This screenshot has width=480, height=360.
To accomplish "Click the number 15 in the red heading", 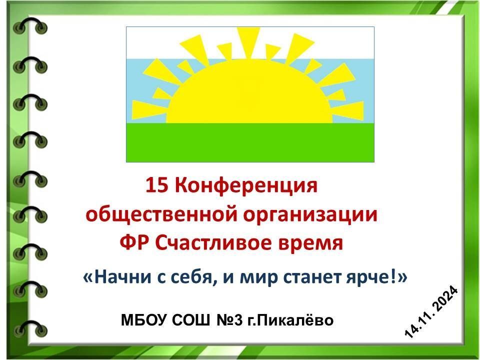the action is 156,185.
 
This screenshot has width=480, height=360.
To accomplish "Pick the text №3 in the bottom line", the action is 230,320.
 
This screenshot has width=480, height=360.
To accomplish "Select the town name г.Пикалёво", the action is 290,320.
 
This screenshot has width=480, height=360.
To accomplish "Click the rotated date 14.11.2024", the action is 431,312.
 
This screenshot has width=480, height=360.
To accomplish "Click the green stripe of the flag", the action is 250,142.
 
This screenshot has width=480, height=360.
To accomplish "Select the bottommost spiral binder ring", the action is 30,329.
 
